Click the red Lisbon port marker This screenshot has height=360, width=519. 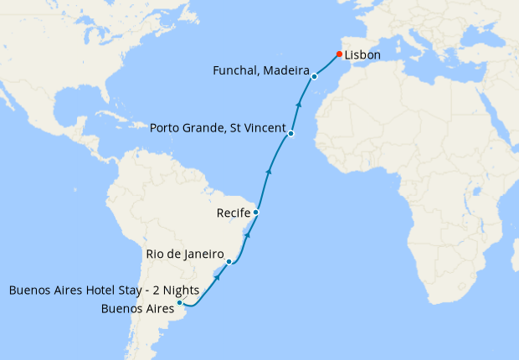(x=339, y=54)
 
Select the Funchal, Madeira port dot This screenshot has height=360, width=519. (x=314, y=76)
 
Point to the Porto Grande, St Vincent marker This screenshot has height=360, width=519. (x=290, y=133)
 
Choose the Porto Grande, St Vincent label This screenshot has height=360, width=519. (x=218, y=128)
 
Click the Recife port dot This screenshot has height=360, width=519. (x=255, y=213)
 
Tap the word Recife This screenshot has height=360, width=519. (x=234, y=213)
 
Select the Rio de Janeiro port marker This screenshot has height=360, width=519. (x=229, y=261)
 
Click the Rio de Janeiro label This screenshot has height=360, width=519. (x=187, y=254)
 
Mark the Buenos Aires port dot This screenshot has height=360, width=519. (x=180, y=302)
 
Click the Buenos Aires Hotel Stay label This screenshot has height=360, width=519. (x=104, y=291)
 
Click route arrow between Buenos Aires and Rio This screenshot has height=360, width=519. (x=217, y=276)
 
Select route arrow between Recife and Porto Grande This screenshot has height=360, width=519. (x=269, y=171)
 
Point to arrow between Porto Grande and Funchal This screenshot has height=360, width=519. (x=299, y=105)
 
